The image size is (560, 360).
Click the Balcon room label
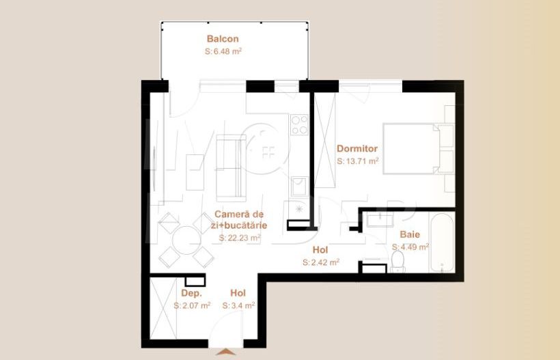click(x=223, y=39)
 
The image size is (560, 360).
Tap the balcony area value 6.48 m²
click(x=224, y=51)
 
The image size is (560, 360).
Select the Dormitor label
click(x=357, y=148)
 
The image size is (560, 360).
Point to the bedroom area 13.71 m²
click(x=358, y=162)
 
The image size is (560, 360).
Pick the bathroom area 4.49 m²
click(x=410, y=247)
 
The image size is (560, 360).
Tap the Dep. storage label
click(x=172, y=293)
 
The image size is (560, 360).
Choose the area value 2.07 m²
click(x=192, y=306)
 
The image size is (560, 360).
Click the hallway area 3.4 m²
click(x=238, y=306)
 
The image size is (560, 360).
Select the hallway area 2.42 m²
click(x=321, y=262)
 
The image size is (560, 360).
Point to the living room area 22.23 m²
click(x=240, y=238)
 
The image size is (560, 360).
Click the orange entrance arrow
click(x=226, y=351)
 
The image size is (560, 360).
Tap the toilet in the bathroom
click(x=397, y=260)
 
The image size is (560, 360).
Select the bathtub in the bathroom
click(x=441, y=243)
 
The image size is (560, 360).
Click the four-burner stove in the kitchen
click(x=299, y=124)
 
